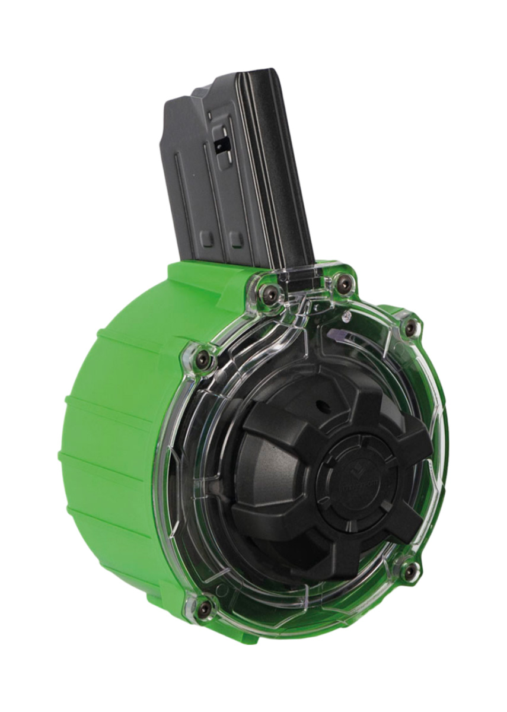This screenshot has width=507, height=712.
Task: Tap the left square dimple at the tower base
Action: click(x=207, y=238)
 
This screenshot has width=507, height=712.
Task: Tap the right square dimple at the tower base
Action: click(x=236, y=239)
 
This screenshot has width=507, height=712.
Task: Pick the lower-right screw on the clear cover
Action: click(x=409, y=571)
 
